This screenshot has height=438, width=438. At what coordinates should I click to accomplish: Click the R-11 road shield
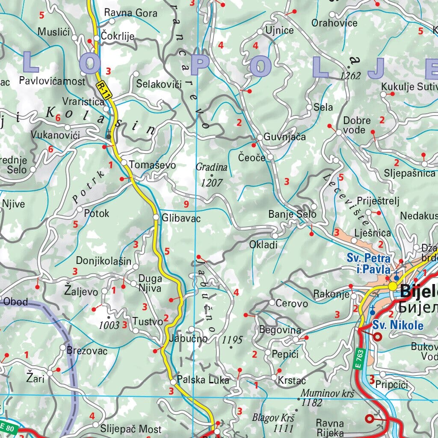tap(104, 91)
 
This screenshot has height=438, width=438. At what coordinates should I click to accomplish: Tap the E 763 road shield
tap(358, 359)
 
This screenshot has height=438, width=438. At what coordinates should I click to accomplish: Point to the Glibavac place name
tap(181, 218)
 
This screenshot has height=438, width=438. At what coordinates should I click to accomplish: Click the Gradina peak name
tap(211, 167)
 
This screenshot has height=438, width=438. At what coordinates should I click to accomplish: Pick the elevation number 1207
tap(212, 183)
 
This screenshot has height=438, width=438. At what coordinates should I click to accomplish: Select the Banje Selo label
tap(292, 214)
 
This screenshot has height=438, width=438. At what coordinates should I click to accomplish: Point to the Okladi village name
tap(263, 245)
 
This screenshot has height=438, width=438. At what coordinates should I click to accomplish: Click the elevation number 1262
tap(350, 76)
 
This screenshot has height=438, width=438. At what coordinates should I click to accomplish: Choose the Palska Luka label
tap(203, 380)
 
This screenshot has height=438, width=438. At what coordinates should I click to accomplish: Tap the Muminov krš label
tap(328, 393)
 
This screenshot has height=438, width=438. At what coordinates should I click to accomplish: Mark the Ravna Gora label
tap(131, 13)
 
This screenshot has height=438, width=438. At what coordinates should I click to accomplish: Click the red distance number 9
tap(186, 204)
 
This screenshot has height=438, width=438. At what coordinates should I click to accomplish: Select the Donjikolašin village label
tap(104, 260)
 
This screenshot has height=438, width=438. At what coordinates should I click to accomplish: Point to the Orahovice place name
tap(334, 22)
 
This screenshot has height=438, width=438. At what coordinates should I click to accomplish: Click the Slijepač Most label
tap(131, 429)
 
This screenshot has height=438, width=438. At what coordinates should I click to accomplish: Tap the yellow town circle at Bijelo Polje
tap(393, 287)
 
